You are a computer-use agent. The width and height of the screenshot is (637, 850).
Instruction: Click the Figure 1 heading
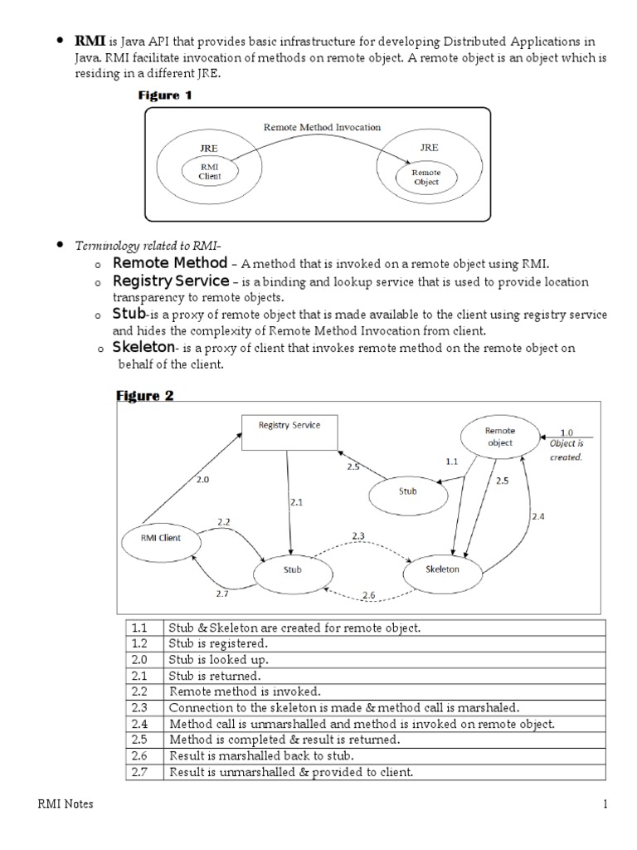pos(164,95)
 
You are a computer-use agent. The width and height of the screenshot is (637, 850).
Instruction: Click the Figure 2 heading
pos(144,396)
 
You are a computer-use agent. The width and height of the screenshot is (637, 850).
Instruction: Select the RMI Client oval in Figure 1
pos(210,171)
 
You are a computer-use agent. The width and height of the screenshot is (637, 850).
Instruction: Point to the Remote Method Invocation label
pos(322,127)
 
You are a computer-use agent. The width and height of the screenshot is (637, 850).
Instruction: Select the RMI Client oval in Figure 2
pos(162,537)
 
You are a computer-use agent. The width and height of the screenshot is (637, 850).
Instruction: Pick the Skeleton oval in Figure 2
pos(441,569)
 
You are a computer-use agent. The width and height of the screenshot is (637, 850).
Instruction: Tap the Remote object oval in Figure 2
pos(499,437)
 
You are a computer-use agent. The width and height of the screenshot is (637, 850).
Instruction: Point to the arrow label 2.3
pos(357,536)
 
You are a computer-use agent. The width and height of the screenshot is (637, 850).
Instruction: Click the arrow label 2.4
pos(537,516)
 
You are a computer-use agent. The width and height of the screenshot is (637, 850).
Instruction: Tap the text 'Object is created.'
pos(566,451)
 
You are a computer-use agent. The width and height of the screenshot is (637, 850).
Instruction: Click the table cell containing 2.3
pos(146,708)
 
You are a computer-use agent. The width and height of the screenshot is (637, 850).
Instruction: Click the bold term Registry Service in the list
pos(171,281)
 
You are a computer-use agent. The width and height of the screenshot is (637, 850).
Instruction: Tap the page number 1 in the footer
pos(605,804)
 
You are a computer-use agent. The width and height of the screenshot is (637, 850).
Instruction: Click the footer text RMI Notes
pos(66,804)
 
